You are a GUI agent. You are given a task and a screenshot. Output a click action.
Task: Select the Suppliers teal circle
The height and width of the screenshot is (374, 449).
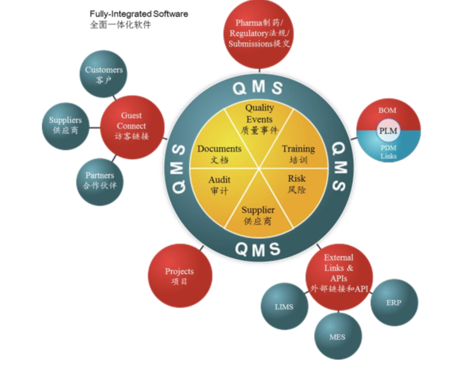[x=65, y=125]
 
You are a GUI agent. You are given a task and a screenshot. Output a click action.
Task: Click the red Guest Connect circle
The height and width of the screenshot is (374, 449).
[x=132, y=126]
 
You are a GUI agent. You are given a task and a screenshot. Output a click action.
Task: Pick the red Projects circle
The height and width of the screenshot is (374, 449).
[x=180, y=275]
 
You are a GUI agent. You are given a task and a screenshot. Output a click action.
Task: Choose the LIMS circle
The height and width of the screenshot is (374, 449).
[x=284, y=307]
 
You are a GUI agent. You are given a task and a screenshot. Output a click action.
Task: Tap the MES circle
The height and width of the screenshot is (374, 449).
[x=337, y=337]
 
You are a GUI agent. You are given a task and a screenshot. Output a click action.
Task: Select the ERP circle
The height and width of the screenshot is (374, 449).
[x=394, y=302]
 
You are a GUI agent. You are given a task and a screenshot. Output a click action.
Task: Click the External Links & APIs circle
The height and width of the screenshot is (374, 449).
[x=339, y=273]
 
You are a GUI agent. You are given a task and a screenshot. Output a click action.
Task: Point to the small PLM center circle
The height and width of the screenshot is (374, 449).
[x=388, y=131]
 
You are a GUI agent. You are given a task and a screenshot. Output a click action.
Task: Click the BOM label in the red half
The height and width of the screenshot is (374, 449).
[x=387, y=110]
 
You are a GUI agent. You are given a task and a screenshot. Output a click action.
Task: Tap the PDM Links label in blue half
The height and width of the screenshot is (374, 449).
[x=388, y=152]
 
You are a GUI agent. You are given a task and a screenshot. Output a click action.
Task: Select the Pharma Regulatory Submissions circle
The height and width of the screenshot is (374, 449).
[x=259, y=33]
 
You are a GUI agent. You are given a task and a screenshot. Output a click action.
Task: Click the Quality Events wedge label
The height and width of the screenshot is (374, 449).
[x=259, y=119]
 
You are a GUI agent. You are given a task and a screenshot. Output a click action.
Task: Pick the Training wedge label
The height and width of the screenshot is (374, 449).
[x=298, y=154]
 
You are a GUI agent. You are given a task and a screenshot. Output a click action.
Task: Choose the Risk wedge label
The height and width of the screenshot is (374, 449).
[x=297, y=183]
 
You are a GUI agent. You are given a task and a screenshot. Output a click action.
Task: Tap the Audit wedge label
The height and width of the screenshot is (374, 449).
[x=219, y=185]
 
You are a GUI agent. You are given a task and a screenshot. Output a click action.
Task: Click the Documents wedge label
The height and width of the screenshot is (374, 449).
[x=219, y=154]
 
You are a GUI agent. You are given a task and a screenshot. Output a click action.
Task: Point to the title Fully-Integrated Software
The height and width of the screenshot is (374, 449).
[x=139, y=14]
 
